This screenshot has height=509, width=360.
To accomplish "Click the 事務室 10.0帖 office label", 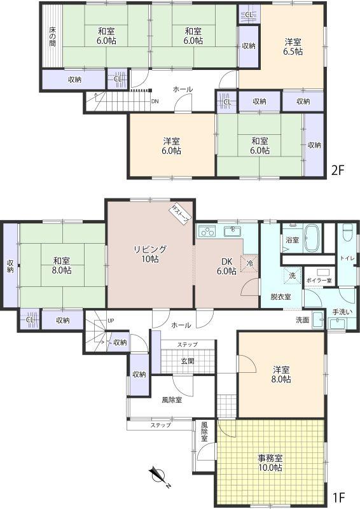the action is pos(270,463).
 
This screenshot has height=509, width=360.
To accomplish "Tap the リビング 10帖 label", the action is pos(150,254).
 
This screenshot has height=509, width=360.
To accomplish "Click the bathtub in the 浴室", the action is pos(312,238).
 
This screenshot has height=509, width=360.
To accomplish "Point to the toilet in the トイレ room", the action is pos(347,233).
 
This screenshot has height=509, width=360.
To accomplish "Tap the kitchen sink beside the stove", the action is pos(232,232).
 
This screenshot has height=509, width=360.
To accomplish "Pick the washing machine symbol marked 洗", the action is pos(293,275).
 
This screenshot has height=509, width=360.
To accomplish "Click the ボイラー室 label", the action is pos(319,281).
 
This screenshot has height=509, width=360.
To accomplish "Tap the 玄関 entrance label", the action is pos(188,361).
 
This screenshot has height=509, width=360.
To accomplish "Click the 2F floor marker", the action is pos(338,170).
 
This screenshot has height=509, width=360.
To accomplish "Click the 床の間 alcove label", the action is pos(53,36).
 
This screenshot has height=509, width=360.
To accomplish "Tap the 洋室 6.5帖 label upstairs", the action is pos(293,46).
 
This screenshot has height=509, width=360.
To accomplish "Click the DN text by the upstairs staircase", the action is pos(155,101).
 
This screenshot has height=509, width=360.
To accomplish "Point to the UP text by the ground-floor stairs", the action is pos(111,321).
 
